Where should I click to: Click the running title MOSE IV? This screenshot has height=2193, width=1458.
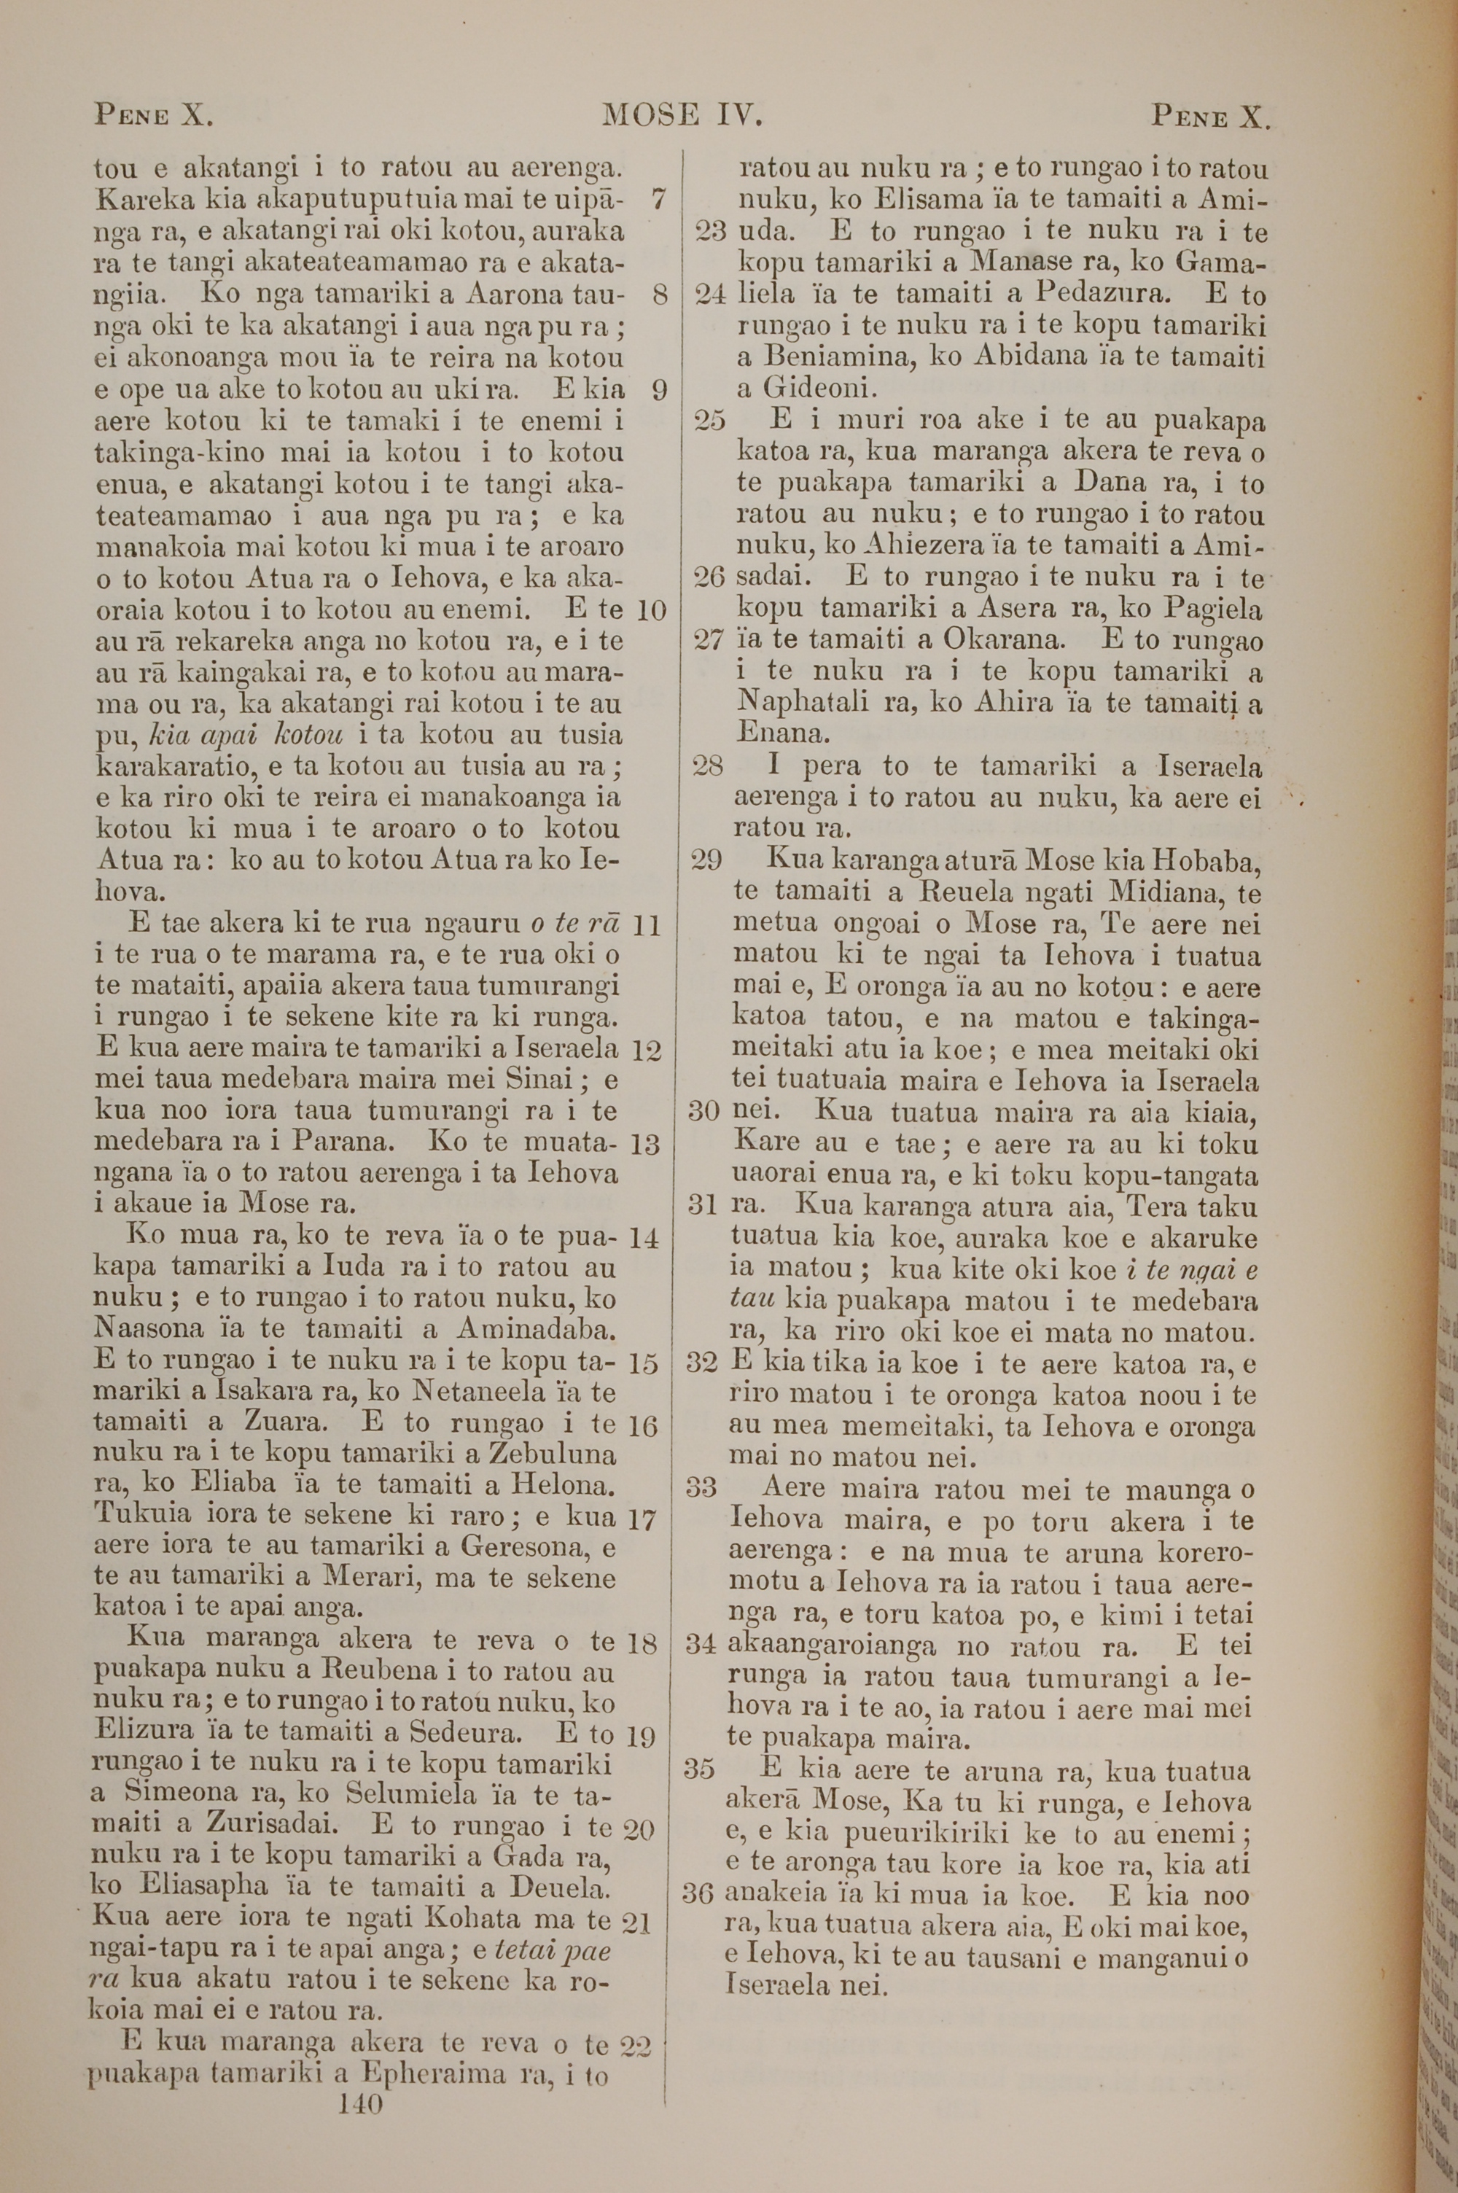coord(682,114)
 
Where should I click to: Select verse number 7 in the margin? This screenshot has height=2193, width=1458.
coord(658,199)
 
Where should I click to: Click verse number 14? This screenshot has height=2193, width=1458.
coord(644,1237)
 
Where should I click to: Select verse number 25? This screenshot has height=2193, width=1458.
coord(710,420)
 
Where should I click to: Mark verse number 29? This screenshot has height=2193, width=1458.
coord(708,859)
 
